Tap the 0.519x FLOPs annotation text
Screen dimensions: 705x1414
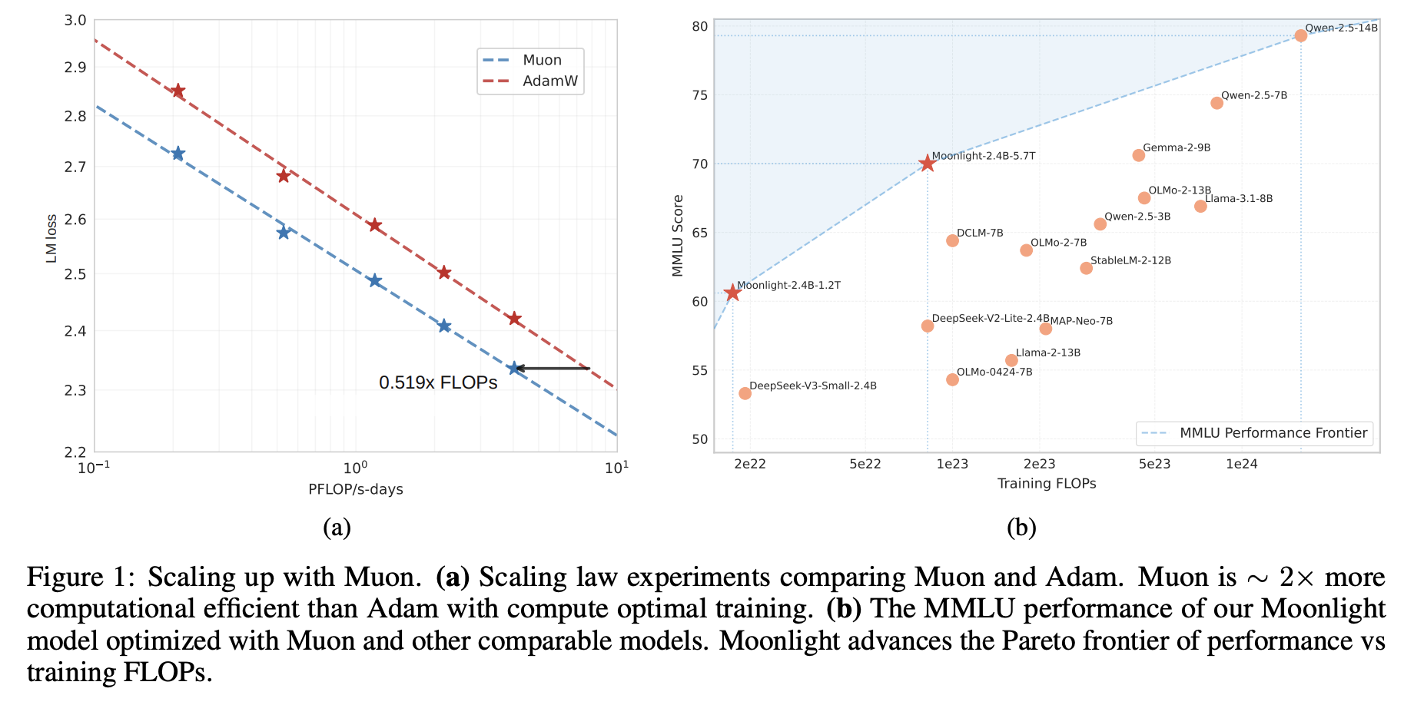(x=438, y=382)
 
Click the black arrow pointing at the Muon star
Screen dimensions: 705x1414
(x=552, y=369)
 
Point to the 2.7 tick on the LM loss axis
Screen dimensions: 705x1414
(x=75, y=167)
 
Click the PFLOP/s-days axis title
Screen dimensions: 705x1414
(x=355, y=489)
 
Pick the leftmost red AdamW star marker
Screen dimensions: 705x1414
(x=178, y=91)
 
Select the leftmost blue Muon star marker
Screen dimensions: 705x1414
(x=178, y=154)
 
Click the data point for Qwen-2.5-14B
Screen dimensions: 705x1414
(x=1300, y=35)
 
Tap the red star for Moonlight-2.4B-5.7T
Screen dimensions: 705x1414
(x=927, y=164)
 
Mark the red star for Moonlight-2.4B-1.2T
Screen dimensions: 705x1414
(x=732, y=293)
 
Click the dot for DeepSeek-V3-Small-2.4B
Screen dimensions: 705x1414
(x=745, y=393)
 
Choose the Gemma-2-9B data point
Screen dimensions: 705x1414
(x=1138, y=155)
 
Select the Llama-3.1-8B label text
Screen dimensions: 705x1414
(x=1238, y=198)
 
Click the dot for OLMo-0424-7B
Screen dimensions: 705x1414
(x=952, y=379)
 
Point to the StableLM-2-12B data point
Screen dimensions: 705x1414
(x=1086, y=268)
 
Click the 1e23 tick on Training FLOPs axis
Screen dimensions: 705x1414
(x=952, y=464)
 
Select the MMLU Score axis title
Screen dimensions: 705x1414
(x=678, y=235)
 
